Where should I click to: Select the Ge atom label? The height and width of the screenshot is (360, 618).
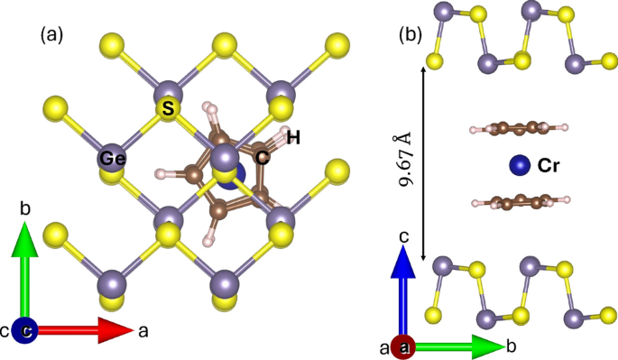[112, 159]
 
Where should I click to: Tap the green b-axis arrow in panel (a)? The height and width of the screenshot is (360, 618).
[27, 275]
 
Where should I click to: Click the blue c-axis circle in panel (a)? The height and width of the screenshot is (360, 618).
[27, 332]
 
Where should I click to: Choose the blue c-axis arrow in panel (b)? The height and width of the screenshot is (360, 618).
[405, 289]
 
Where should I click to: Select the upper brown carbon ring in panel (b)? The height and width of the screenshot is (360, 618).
[517, 130]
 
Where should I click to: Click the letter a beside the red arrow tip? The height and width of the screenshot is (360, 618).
[142, 331]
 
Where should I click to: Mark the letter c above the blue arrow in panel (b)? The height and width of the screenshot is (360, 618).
[405, 235]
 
